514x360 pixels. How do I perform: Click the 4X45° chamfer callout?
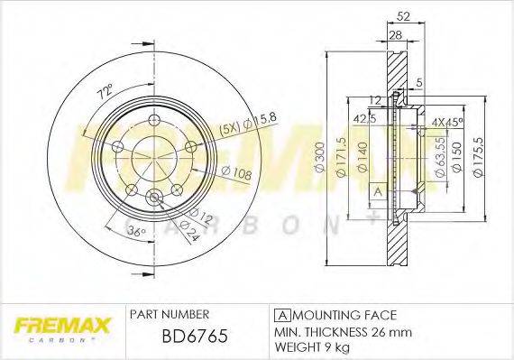tap(446, 121)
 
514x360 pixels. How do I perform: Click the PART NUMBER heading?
tap(170, 314)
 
